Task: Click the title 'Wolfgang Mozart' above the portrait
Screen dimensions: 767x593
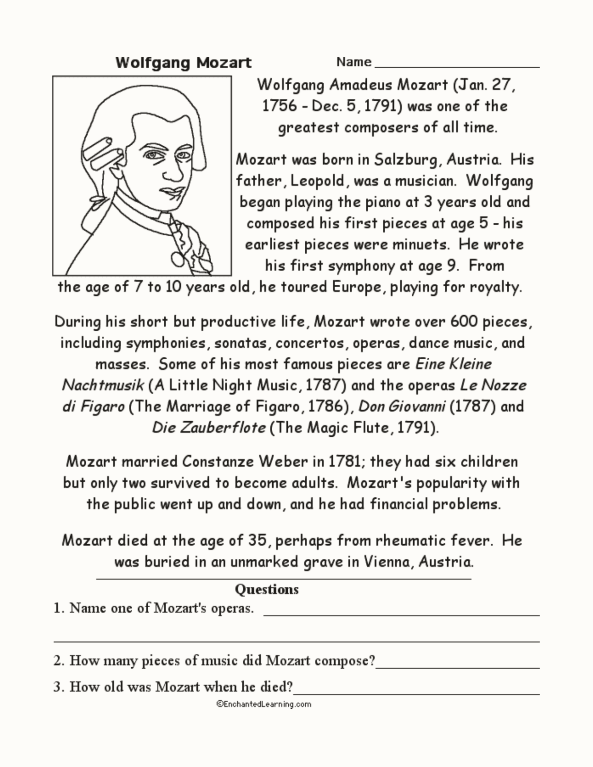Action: click(183, 63)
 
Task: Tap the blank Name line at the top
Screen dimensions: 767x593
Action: click(457, 64)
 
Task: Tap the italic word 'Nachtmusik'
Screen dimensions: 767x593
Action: click(103, 385)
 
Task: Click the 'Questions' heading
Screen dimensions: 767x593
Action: click(266, 589)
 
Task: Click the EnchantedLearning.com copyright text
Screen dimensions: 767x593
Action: click(264, 704)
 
